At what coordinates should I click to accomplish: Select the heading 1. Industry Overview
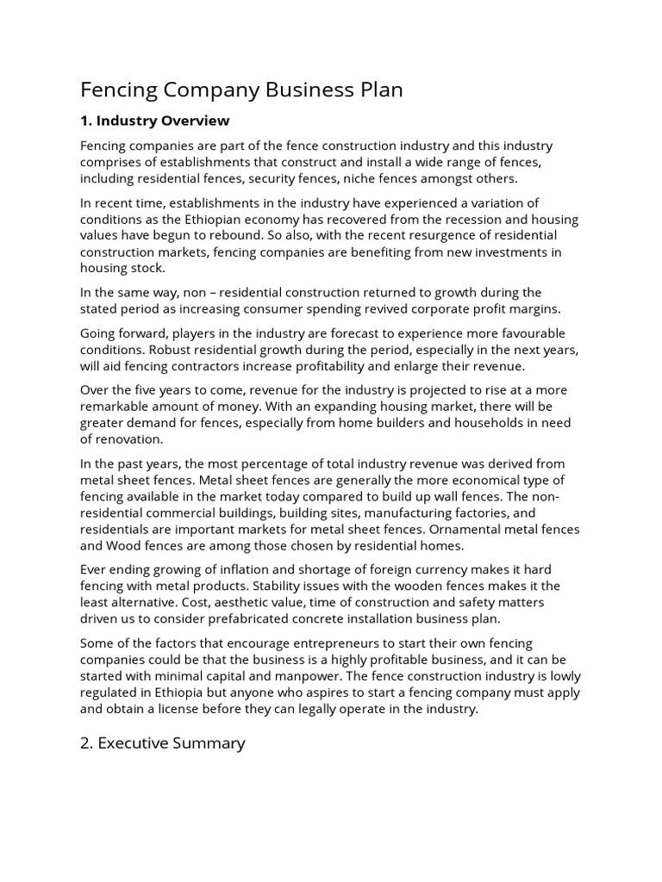(x=155, y=120)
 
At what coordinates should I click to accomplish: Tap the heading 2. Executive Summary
(x=163, y=742)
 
